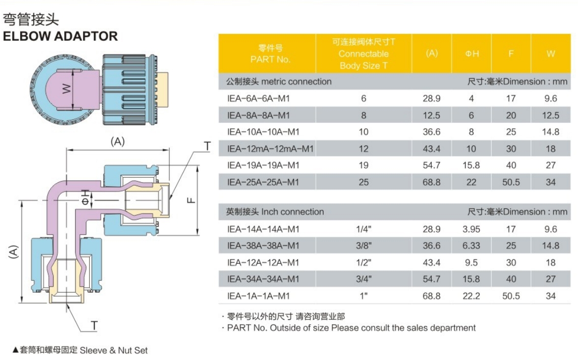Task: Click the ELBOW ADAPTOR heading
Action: (60, 36)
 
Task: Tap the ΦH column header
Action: (472, 54)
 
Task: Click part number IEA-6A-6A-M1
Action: (258, 98)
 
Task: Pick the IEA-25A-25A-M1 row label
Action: (263, 182)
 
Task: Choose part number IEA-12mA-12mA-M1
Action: (270, 149)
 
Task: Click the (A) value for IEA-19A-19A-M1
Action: (431, 165)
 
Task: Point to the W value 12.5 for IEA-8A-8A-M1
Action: (550, 115)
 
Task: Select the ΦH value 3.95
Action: (471, 229)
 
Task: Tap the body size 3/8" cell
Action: (363, 246)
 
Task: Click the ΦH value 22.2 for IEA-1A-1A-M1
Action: (471, 296)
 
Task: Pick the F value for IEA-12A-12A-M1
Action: (511, 262)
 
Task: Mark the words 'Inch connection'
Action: (293, 212)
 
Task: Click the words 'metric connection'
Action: (297, 82)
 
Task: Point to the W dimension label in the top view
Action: (66, 89)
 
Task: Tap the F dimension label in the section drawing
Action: (191, 200)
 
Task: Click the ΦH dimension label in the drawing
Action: (85, 197)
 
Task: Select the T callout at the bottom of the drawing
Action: (94, 326)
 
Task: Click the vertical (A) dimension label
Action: (13, 252)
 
